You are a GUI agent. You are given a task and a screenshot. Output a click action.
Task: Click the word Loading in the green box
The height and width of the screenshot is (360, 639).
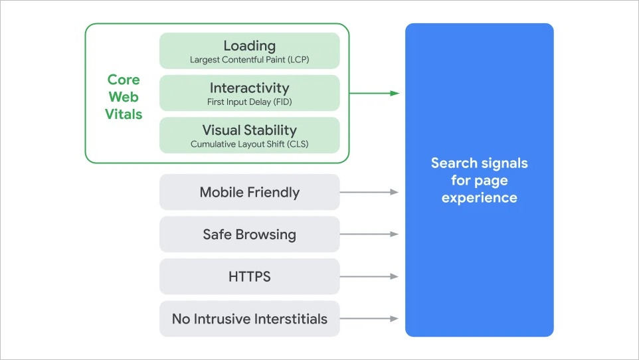point(249,46)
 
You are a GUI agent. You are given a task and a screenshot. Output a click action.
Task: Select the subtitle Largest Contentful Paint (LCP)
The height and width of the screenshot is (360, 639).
point(249,60)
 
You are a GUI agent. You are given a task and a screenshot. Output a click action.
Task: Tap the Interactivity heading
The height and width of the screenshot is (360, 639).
point(249,88)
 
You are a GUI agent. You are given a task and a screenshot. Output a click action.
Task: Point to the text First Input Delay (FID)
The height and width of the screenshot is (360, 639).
point(249,102)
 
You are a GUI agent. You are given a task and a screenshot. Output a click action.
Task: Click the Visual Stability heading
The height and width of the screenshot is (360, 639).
point(249,130)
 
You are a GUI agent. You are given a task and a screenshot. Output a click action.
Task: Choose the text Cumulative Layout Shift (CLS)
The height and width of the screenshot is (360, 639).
point(249,144)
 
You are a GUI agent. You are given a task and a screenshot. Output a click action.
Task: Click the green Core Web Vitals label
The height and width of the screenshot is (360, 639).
point(124,97)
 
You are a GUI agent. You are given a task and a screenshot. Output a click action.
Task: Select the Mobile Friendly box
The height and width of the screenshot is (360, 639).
point(249,193)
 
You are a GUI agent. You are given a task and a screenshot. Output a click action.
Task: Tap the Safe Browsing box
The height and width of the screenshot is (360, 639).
point(249,234)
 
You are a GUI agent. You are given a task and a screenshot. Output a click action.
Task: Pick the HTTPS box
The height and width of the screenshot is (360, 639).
point(249,276)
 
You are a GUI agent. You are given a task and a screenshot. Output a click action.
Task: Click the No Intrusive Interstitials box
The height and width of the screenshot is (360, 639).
point(249,319)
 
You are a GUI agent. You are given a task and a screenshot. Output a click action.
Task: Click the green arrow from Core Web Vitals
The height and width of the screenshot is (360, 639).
point(374,93)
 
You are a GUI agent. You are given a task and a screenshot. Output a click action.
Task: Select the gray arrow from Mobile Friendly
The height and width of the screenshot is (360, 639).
point(369,192)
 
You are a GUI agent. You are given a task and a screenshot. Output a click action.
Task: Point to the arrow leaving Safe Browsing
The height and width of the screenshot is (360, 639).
point(369,234)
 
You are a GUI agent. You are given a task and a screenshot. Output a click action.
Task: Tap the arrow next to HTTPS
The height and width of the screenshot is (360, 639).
point(369,276)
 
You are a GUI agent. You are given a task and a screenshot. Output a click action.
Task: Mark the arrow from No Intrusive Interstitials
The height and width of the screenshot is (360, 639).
point(369,319)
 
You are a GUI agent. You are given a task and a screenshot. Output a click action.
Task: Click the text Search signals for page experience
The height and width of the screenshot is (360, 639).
point(479,180)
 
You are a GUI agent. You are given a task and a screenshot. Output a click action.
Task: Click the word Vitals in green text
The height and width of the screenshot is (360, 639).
point(124,114)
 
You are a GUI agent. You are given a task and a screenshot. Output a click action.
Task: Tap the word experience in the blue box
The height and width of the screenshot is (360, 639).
point(479,197)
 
